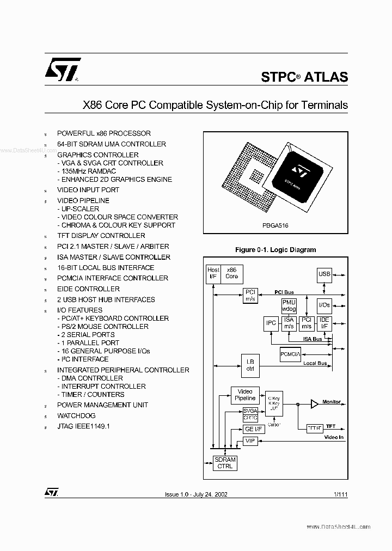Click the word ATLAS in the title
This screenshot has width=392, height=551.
tap(326, 77)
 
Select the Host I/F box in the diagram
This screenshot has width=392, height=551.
tap(213, 273)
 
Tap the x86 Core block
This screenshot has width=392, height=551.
tap(232, 273)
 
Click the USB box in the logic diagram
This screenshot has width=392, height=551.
tap(324, 274)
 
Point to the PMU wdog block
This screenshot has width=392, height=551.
tap(289, 305)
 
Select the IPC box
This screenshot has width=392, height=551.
tap(271, 323)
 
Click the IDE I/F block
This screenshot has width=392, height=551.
tap(324, 323)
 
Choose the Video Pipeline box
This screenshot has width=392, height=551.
tap(245, 395)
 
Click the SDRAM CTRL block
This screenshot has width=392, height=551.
tap(225, 463)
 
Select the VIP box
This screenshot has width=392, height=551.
tap(250, 440)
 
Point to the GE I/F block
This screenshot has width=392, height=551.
tap(250, 429)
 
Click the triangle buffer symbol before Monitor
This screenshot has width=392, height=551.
tap(314, 403)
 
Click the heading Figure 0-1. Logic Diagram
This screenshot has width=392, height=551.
tap(275, 250)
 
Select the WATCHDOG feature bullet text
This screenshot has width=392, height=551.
tap(76, 415)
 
